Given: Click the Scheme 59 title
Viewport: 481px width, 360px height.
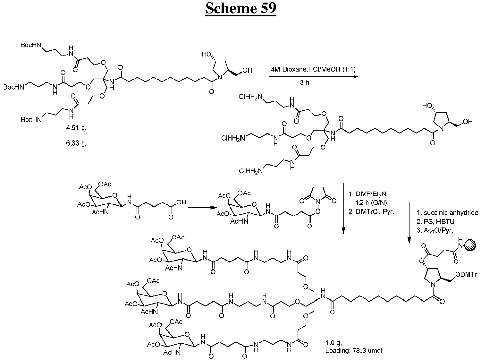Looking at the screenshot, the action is pos(240,9).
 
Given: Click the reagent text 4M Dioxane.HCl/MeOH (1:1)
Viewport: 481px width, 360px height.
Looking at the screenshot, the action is pos(313,70).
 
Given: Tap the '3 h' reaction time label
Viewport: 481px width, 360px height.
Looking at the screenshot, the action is pos(305,83).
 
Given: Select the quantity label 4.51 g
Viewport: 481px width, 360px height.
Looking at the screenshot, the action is pos(76,128).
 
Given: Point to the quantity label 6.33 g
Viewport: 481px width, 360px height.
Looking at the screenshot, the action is pos(76,143).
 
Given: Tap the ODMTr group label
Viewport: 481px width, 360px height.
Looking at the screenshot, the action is pos(466,275).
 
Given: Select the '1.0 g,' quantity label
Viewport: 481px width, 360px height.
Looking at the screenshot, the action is pos(333,342).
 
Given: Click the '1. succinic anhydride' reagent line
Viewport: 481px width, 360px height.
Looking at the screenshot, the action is pos(447,213).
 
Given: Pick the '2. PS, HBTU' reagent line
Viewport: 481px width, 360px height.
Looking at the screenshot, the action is pos(435,222).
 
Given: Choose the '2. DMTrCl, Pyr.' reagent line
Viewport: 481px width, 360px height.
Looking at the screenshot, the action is pos(371,212).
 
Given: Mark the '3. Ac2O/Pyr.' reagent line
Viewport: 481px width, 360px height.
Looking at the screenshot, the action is pos(435,230).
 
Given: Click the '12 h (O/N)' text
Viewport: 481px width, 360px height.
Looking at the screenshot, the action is pos(371,203).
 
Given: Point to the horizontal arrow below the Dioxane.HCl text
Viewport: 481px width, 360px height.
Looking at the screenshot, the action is pos(313,76).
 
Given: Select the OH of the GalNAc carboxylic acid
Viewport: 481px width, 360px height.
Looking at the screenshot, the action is pos(181,202).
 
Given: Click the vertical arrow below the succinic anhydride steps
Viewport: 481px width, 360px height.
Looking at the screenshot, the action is pos(409,222).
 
